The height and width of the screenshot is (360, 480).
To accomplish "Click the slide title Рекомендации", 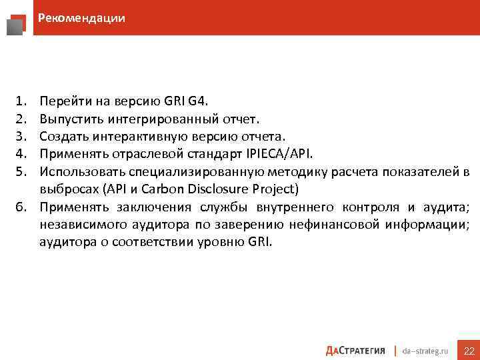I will point(81,18).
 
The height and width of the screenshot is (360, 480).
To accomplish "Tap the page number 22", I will point(469,351).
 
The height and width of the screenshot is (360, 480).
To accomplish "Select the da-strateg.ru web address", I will point(427,351).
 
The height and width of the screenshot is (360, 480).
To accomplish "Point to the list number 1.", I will point(20,102).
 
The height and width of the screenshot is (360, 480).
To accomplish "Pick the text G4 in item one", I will point(198,102).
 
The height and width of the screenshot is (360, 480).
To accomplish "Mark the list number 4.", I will point(20,154).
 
